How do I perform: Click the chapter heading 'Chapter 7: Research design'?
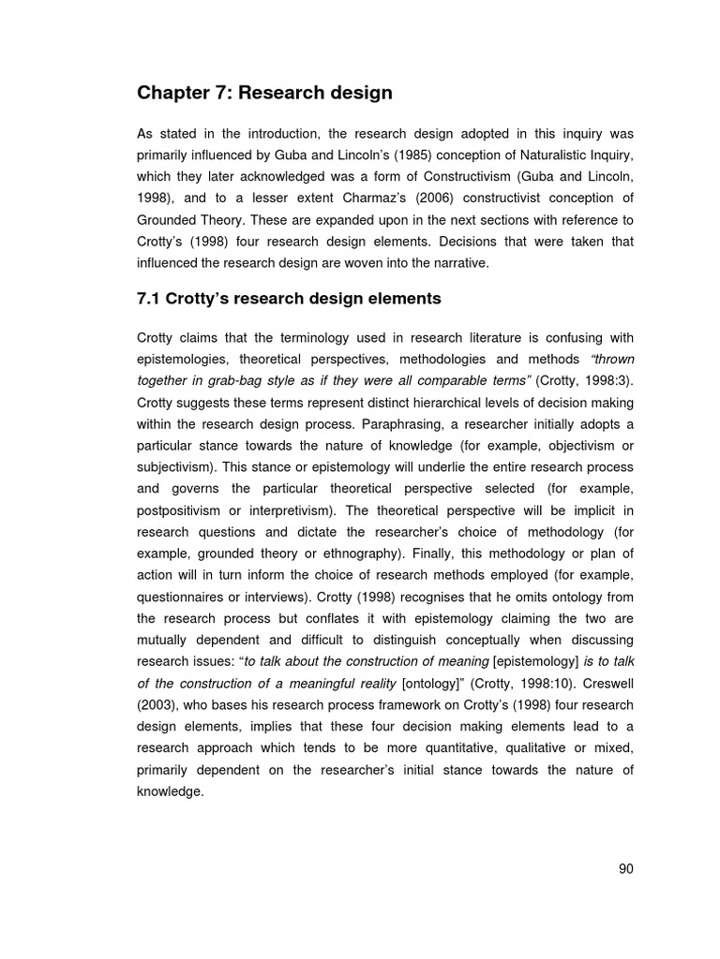[x=264, y=93]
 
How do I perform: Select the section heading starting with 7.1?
[x=289, y=299]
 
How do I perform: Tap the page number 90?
[x=626, y=868]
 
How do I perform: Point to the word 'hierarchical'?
[x=443, y=402]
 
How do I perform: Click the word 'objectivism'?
[x=576, y=445]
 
